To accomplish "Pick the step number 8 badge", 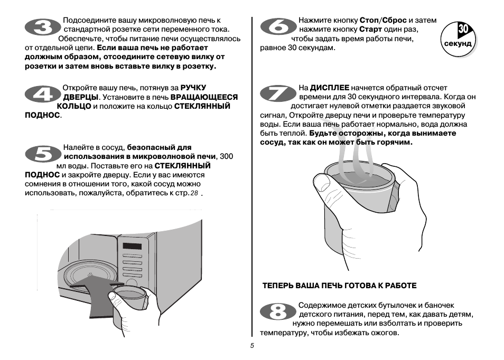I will [x=277, y=312].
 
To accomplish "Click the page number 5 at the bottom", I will [x=252, y=346].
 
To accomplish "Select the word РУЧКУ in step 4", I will [x=193, y=88].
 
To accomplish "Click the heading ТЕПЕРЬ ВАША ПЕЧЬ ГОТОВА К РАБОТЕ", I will [x=340, y=286].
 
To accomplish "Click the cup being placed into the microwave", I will [x=128, y=298].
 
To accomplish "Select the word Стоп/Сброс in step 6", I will [x=383, y=20].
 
